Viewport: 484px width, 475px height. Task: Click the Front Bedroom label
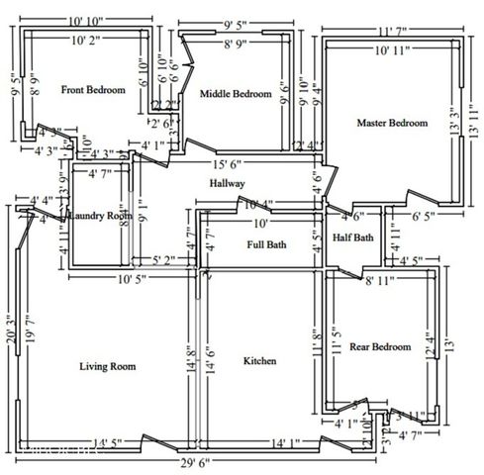(x=93, y=90)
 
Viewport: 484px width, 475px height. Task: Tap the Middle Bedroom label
(x=236, y=94)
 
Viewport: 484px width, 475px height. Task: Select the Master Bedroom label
(x=392, y=123)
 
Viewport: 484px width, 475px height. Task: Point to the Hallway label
(x=227, y=184)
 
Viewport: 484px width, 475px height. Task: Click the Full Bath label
(x=266, y=243)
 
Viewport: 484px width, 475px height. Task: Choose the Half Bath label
(x=353, y=237)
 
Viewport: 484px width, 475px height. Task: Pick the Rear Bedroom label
(x=380, y=346)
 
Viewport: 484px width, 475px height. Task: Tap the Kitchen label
(x=259, y=361)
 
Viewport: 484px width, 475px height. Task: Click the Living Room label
(x=107, y=366)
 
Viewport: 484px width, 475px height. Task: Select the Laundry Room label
(x=99, y=215)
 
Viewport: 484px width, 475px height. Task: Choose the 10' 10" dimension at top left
(x=90, y=21)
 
